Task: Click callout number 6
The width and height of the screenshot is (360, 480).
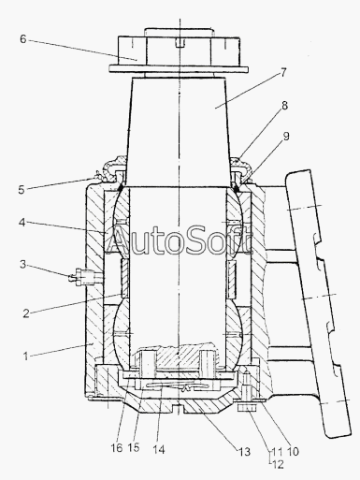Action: click(x=23, y=39)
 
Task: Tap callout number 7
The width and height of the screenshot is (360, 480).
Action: click(x=283, y=73)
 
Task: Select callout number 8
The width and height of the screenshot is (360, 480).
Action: click(x=284, y=106)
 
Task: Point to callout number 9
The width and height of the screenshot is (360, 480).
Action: click(x=286, y=136)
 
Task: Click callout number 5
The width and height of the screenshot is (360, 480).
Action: click(x=22, y=190)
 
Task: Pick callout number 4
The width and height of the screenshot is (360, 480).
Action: click(x=22, y=223)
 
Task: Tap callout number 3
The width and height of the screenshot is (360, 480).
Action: click(x=23, y=265)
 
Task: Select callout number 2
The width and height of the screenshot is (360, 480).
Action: click(x=26, y=313)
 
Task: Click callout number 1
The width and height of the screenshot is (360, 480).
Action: click(x=26, y=356)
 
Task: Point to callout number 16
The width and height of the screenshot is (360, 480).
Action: click(x=117, y=448)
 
